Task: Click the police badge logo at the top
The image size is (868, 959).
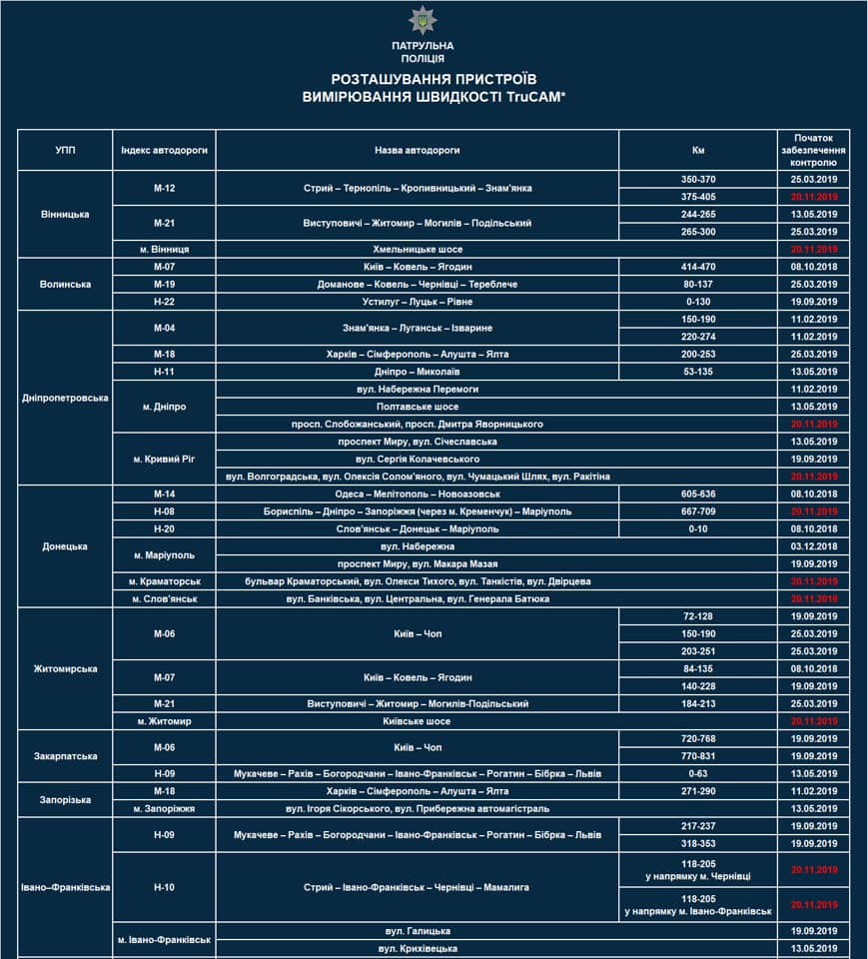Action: pos(422,20)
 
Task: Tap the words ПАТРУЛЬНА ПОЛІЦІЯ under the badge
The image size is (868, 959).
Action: pos(422,52)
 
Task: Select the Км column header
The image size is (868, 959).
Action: pos(698,150)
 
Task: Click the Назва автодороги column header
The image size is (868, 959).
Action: pos(418,150)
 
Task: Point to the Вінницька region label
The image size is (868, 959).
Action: pos(65,214)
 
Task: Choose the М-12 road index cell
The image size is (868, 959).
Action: pos(165,188)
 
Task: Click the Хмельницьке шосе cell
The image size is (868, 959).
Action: pos(418,249)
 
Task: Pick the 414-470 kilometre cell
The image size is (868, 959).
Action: pos(698,267)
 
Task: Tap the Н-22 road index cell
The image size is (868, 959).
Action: pos(165,302)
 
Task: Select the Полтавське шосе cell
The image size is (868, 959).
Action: pos(418,407)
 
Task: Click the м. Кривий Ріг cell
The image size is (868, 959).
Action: pos(165,459)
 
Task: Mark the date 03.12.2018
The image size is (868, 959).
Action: pos(813,546)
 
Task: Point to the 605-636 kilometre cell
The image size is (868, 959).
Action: pos(698,493)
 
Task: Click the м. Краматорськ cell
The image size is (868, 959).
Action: pos(165,581)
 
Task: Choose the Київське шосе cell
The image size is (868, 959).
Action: pos(418,721)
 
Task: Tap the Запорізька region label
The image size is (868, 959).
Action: pos(65,799)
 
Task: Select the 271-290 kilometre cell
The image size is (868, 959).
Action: pos(698,790)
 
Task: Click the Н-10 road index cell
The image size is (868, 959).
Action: pos(165,886)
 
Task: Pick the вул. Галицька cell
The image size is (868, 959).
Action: pos(418,930)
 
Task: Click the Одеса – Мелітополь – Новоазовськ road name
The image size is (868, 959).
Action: pos(418,493)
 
